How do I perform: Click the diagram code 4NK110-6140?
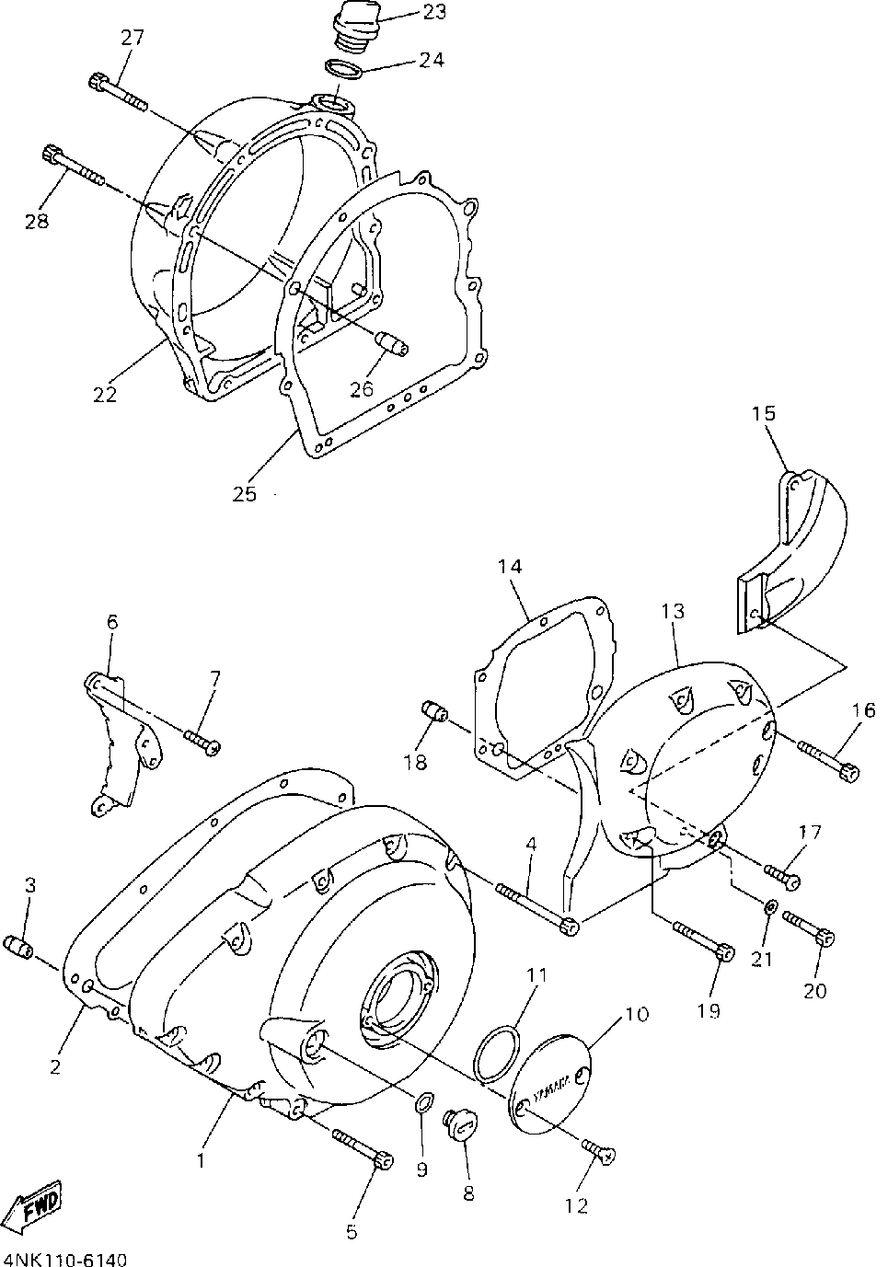click(x=64, y=1258)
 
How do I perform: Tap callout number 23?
click(x=434, y=12)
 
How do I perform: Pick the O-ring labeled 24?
click(x=343, y=70)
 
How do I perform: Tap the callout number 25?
click(x=244, y=493)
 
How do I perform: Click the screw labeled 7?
click(x=202, y=741)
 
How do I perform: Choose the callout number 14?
click(x=510, y=567)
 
